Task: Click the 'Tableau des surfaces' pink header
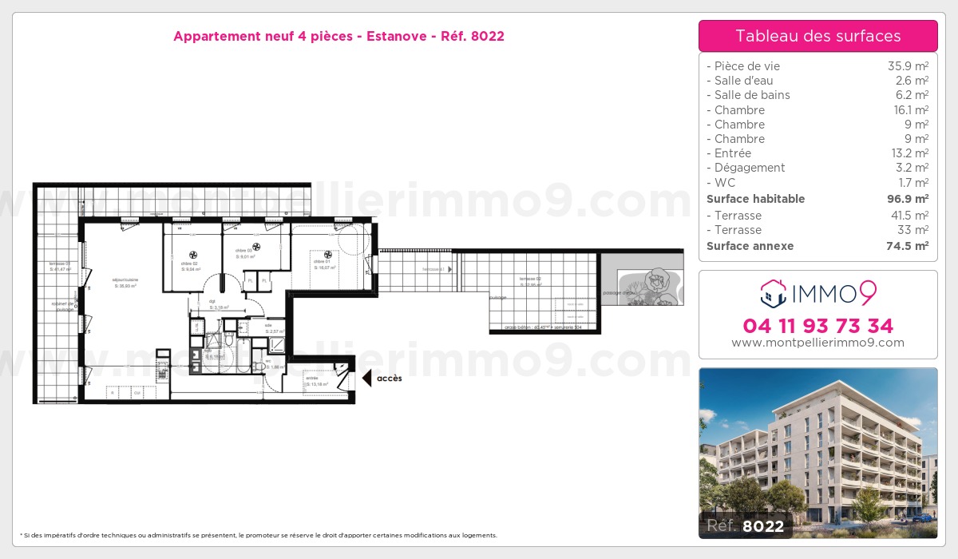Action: [817, 36]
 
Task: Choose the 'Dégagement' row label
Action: [750, 168]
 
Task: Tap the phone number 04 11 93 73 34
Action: [817, 326]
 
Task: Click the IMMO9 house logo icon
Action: [774, 294]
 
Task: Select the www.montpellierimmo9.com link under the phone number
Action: [817, 343]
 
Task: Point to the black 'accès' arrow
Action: [367, 379]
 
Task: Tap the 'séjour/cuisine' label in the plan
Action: [125, 279]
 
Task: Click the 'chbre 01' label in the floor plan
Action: [322, 262]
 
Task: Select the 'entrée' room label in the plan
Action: [312, 379]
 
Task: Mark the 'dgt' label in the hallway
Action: [213, 301]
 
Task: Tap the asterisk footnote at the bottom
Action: [259, 535]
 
